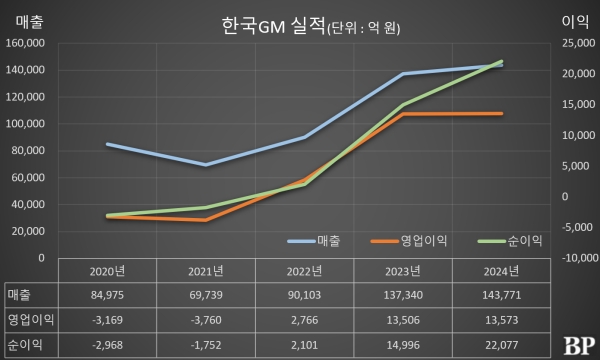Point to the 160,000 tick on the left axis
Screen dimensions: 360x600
point(27,43)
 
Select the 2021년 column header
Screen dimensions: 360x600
point(206,272)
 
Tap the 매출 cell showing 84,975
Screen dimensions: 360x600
point(108,295)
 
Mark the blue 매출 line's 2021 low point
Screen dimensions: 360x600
point(206,165)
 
